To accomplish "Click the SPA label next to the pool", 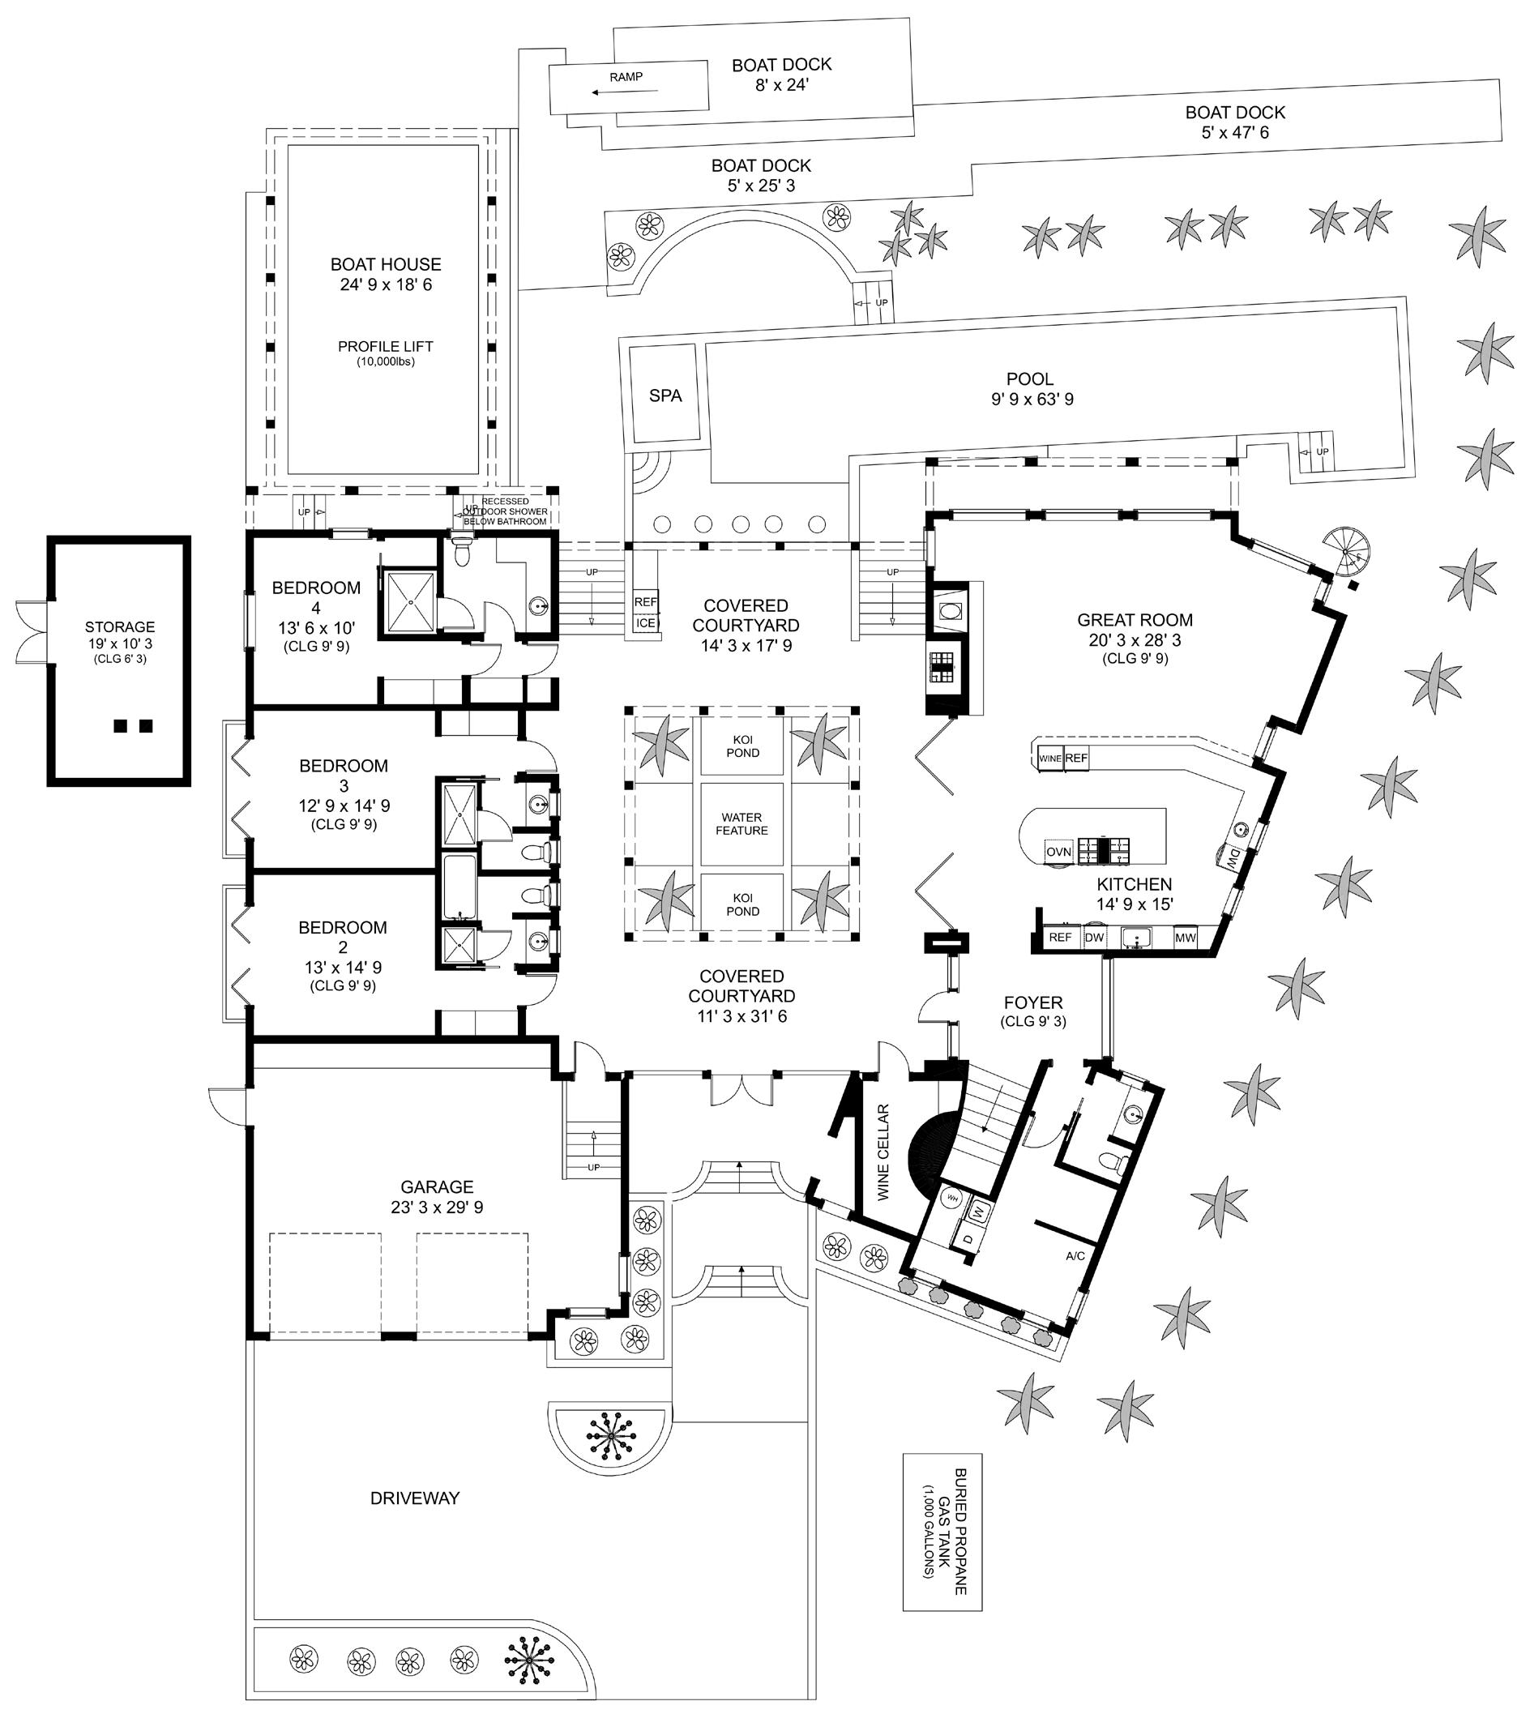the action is pos(665,396).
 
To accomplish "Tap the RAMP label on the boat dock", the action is pos(626,77).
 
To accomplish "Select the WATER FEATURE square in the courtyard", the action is pos(741,824).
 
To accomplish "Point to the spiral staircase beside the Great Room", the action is pos(1346,551).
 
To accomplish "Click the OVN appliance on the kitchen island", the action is pos(1058,852).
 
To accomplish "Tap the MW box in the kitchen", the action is pos(1186,938).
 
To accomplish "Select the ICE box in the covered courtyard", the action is pos(646,623).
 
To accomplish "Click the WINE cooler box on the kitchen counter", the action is pos(1050,759).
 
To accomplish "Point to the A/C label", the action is pos(1075,1256).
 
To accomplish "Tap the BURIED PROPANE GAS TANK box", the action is pos(942,1532).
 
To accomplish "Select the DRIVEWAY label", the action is pos(414,1498).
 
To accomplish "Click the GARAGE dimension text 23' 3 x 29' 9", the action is pos(437,1207).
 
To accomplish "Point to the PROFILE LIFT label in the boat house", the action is pos(386,346).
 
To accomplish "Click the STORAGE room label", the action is pos(120,627).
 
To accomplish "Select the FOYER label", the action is pos(1033,1002).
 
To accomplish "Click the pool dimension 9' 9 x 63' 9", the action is pos(1032,400).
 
